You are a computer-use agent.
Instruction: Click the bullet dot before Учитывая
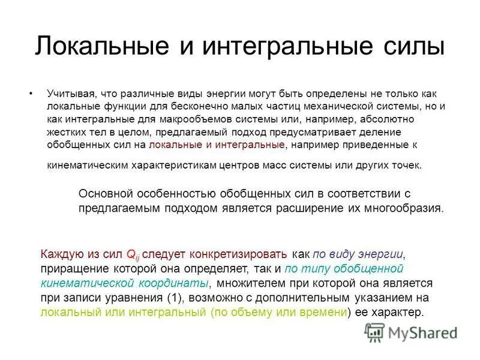coord(31,95)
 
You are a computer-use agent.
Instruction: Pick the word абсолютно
coord(391,119)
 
